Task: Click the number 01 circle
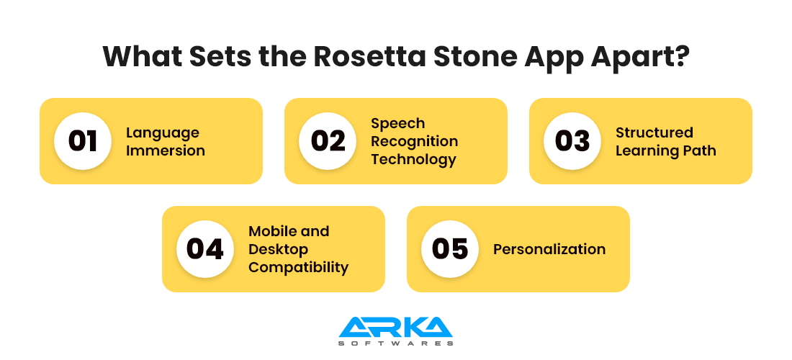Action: [83, 141]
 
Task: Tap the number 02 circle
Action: [328, 141]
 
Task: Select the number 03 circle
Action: [572, 141]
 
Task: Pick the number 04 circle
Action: [205, 249]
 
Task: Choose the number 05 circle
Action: [450, 249]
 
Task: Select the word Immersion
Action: [166, 150]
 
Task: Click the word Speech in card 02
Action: [397, 123]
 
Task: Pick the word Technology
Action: [413, 159]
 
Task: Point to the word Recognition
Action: [414, 141]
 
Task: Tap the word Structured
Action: [654, 132]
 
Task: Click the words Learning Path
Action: [665, 150]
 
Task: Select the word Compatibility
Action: [298, 267]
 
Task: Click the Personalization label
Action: [549, 249]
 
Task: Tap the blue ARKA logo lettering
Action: [395, 327]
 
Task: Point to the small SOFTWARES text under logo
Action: [395, 343]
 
